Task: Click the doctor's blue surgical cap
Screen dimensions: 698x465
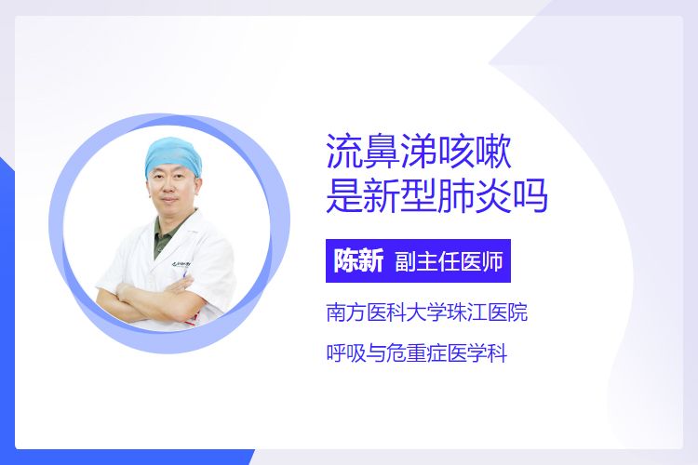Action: pos(173,156)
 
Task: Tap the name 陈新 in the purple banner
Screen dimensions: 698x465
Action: pos(358,260)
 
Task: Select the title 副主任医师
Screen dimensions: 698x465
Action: pos(449,261)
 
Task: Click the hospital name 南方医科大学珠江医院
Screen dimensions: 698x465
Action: pos(427,312)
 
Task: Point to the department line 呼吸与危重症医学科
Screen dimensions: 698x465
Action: pos(417,353)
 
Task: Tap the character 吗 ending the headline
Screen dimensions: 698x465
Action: pos(530,195)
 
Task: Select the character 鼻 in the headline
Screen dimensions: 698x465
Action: pos(382,152)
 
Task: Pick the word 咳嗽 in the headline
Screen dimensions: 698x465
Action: pos(474,152)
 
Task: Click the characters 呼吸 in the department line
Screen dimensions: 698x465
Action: pos(346,353)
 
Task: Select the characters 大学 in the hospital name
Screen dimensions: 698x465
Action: pos(426,312)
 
